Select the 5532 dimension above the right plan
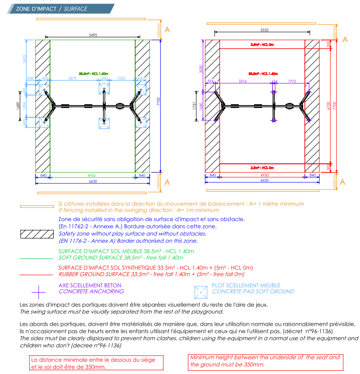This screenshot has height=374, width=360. point(264,30)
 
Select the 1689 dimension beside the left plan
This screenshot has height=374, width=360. point(18,106)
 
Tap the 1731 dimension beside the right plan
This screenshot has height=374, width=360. point(194,106)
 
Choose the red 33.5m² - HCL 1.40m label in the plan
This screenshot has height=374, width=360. point(263,73)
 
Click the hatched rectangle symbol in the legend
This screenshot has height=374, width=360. point(37,234)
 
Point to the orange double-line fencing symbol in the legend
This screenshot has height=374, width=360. point(37,207)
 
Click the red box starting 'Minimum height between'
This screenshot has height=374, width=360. point(265,361)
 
